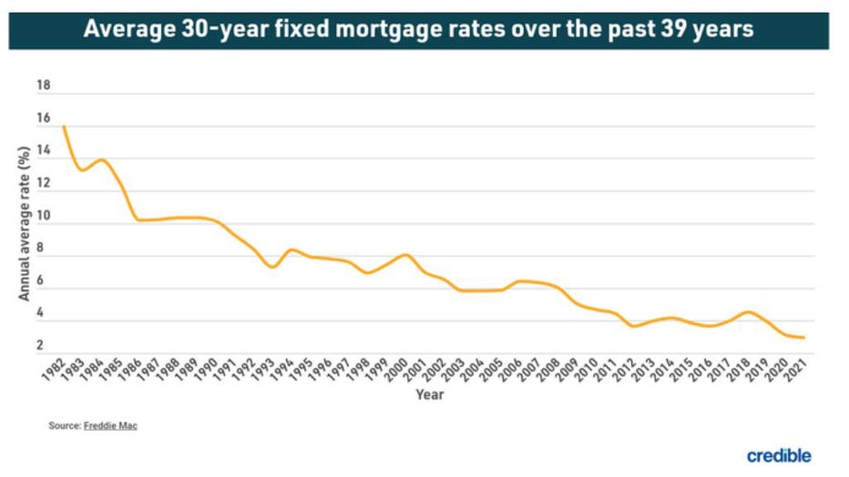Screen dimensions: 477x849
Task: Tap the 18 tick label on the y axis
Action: pos(43,86)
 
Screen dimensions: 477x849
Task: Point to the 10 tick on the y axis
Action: pos(43,224)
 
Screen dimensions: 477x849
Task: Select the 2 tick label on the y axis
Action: pos(40,345)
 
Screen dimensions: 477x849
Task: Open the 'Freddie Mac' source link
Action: pos(110,425)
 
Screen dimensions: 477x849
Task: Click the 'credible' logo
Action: pos(779,455)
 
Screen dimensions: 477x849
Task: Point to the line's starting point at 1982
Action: pos(64,127)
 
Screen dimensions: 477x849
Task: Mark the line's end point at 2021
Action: pos(803,338)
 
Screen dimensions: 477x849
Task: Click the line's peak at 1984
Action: pos(101,160)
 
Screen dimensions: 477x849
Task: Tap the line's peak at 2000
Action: pos(405,255)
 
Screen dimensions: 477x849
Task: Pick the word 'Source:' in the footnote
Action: pos(64,425)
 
